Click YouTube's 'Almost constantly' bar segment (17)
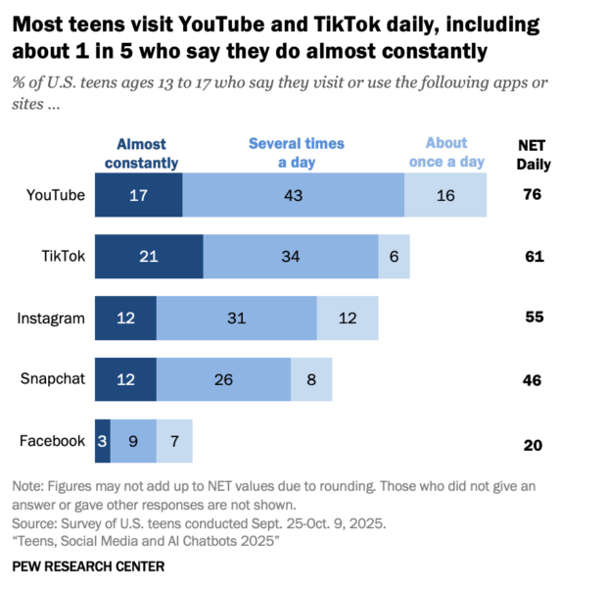tap(138, 195)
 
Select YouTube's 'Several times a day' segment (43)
tap(293, 195)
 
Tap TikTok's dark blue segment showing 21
tap(149, 257)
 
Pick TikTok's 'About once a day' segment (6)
tap(394, 257)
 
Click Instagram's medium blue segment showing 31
tap(236, 319)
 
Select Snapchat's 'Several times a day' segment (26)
tap(223, 380)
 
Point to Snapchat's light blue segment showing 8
tap(311, 380)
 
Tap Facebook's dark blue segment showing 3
tap(102, 441)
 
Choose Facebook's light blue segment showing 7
tap(174, 441)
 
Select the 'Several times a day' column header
tap(296, 152)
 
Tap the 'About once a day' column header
tap(446, 152)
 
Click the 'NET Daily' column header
tap(533, 154)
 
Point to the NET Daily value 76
tap(533, 195)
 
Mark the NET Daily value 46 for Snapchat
tap(533, 380)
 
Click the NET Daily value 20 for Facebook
tap(533, 444)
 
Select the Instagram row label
tap(52, 319)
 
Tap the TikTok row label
tap(64, 257)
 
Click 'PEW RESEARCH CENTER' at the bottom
tap(88, 567)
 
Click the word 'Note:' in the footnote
tap(28, 487)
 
